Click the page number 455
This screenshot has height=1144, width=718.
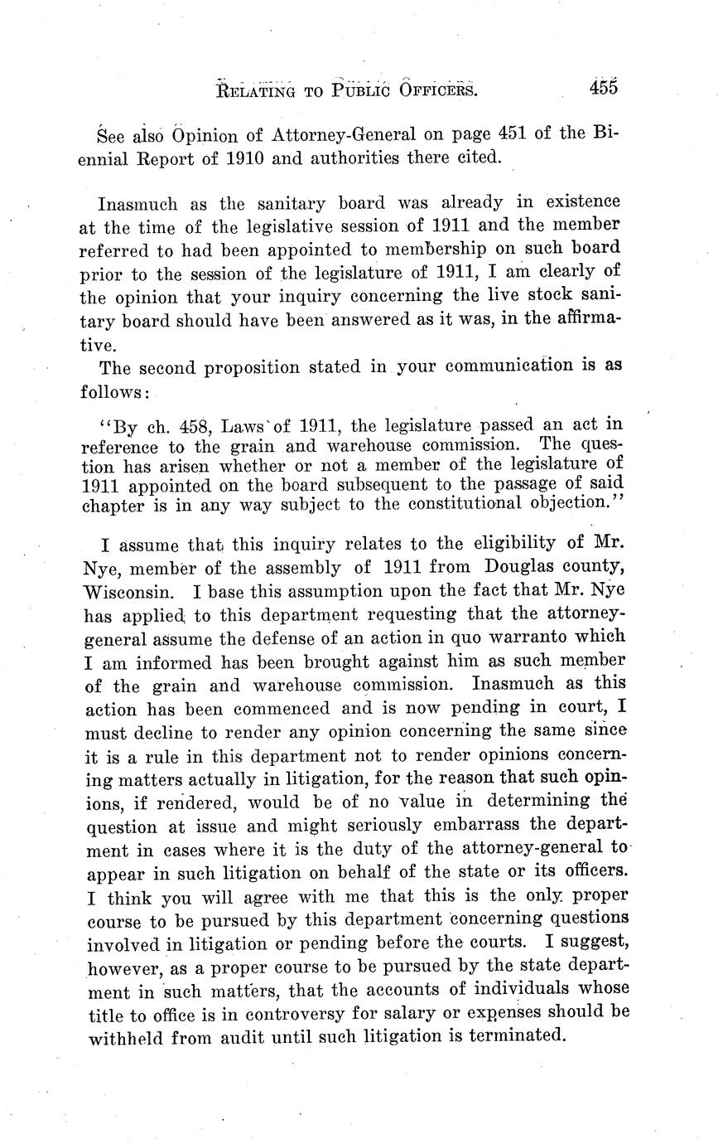pos(605,87)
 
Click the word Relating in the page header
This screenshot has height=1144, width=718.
pos(256,90)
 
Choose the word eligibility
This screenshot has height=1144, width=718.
pos(519,545)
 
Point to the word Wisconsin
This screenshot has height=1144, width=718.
pos(132,593)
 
